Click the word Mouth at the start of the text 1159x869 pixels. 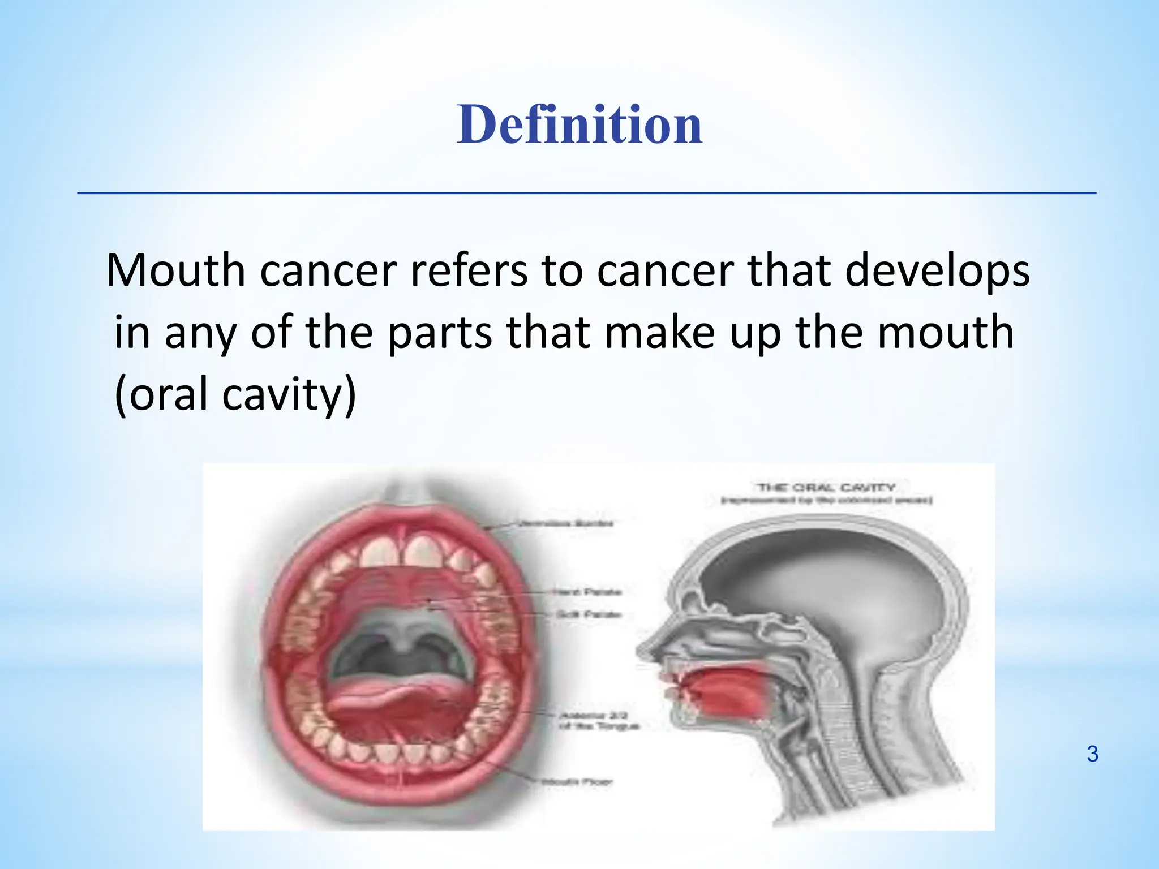tap(175, 271)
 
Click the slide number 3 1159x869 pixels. tap(1092, 754)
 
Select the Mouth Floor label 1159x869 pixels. tap(577, 782)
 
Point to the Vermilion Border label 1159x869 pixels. tap(566, 523)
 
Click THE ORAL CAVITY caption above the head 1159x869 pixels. tap(826, 488)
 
